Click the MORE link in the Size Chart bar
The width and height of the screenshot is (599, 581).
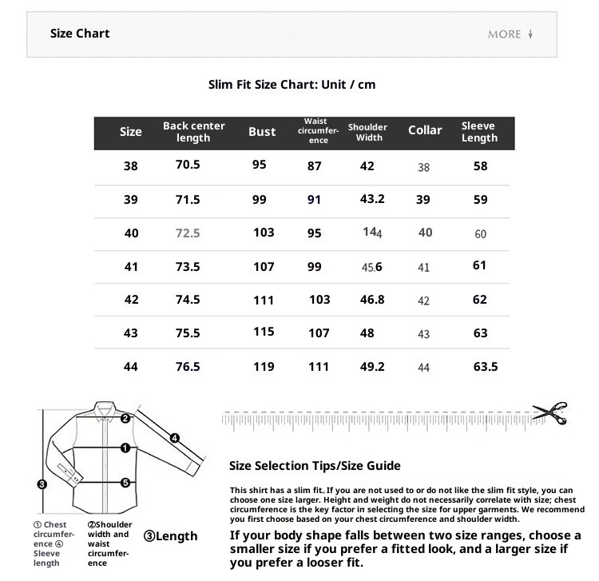pyautogui.click(x=510, y=34)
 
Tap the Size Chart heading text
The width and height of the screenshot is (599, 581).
pyautogui.click(x=80, y=34)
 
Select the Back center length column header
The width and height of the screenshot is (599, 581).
pyautogui.click(x=194, y=132)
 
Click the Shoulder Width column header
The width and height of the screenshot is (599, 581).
pyautogui.click(x=367, y=132)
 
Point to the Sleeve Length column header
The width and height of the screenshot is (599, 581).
pyautogui.click(x=479, y=132)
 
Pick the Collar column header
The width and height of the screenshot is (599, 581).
pyautogui.click(x=425, y=130)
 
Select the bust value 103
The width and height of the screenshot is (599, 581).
pyautogui.click(x=264, y=233)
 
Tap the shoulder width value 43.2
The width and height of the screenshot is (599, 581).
pyautogui.click(x=372, y=199)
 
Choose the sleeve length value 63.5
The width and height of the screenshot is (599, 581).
pyautogui.click(x=486, y=367)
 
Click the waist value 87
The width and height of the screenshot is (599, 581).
pyautogui.click(x=315, y=166)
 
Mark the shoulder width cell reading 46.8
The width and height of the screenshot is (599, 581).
pyautogui.click(x=372, y=300)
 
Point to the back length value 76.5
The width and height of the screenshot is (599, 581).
pyautogui.click(x=188, y=367)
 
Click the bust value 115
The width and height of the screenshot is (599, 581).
pyautogui.click(x=264, y=332)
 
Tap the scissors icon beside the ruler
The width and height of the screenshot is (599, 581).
pyautogui.click(x=550, y=413)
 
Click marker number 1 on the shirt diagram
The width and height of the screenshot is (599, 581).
pyautogui.click(x=125, y=448)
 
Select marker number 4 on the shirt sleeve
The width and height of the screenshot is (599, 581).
pyautogui.click(x=175, y=437)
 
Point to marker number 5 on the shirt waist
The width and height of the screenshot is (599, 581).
pyautogui.click(x=125, y=483)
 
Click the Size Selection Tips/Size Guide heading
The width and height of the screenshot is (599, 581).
pyautogui.click(x=315, y=466)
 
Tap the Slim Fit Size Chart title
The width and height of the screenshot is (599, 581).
pyautogui.click(x=292, y=84)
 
